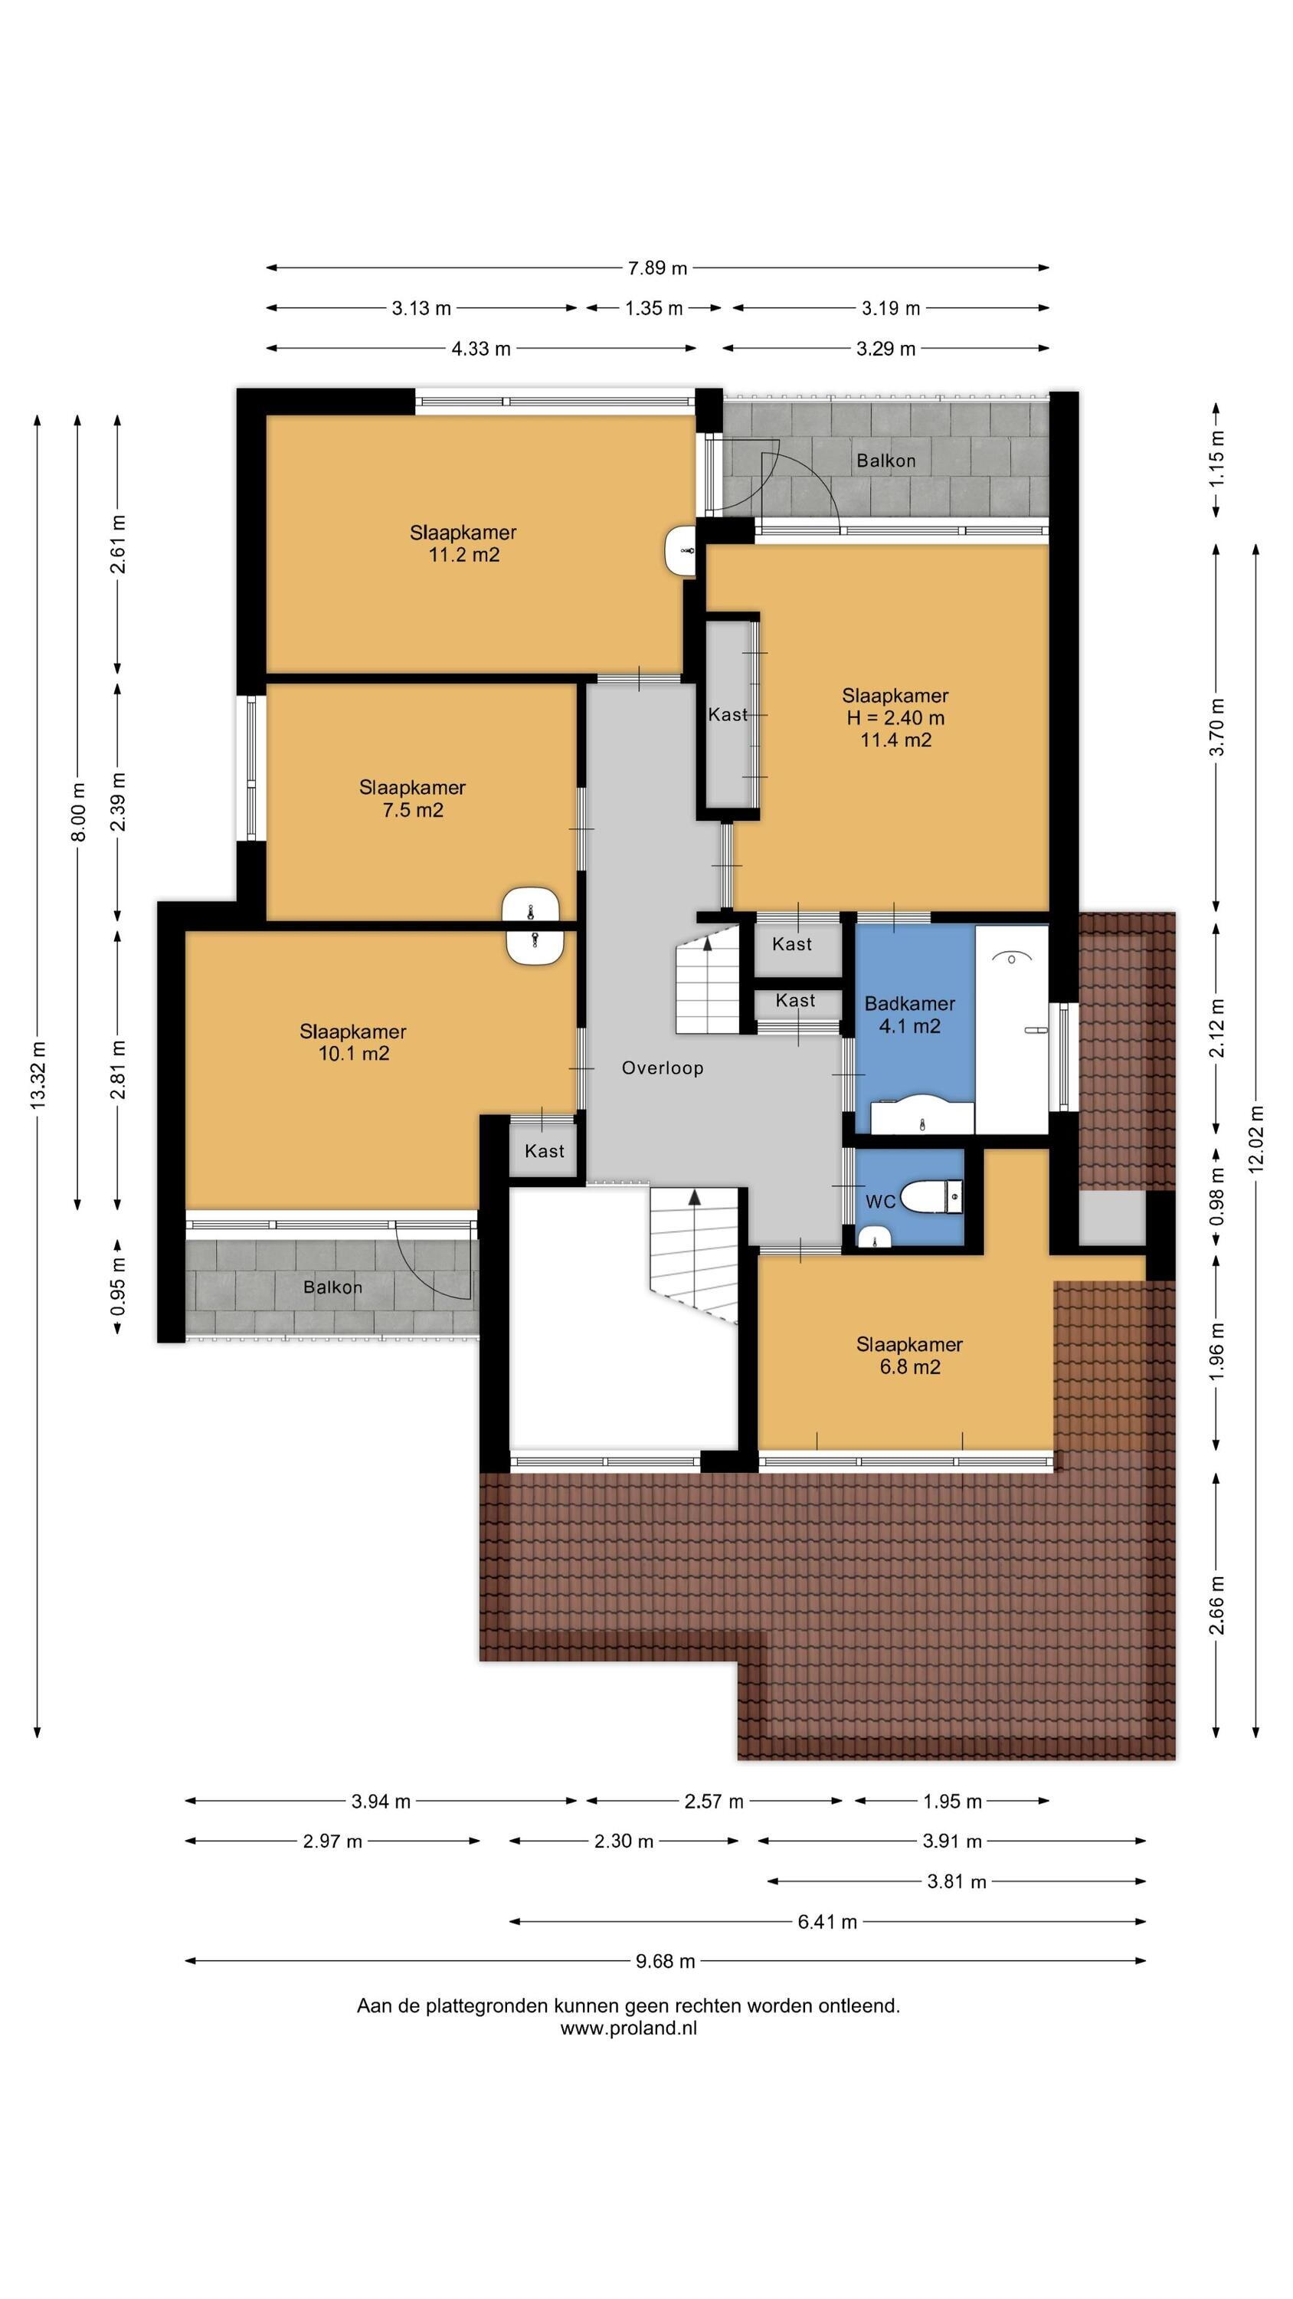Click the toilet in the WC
click(x=931, y=1197)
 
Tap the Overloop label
click(x=662, y=1068)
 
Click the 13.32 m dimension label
click(x=38, y=1075)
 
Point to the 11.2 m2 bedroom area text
click(x=463, y=555)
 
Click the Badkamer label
click(x=909, y=1003)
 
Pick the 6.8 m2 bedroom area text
click(x=909, y=1367)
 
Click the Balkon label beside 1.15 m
click(x=886, y=461)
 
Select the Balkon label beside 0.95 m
click(x=333, y=1287)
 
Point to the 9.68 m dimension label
click(x=665, y=1961)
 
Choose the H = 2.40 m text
click(x=895, y=717)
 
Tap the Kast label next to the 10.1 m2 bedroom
click(x=545, y=1151)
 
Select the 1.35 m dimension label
click(x=654, y=309)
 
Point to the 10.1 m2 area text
click(x=353, y=1053)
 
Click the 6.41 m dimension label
click(x=827, y=1921)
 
